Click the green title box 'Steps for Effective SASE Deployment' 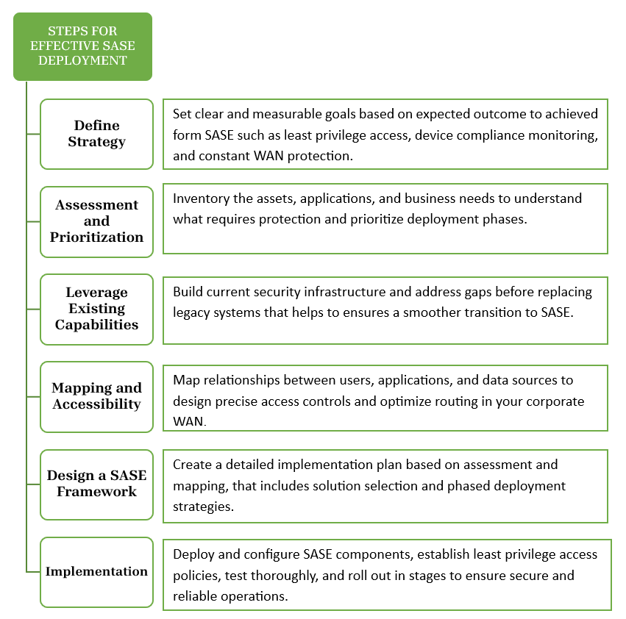[x=82, y=46]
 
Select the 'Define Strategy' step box [x=96, y=134]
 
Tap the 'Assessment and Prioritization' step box [x=96, y=221]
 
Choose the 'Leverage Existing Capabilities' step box [x=96, y=309]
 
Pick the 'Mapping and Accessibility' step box [x=96, y=396]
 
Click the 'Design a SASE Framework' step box [x=96, y=484]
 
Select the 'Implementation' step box [x=96, y=571]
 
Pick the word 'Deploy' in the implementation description [x=193, y=554]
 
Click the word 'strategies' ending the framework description [x=202, y=507]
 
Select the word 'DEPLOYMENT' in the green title [x=82, y=60]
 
